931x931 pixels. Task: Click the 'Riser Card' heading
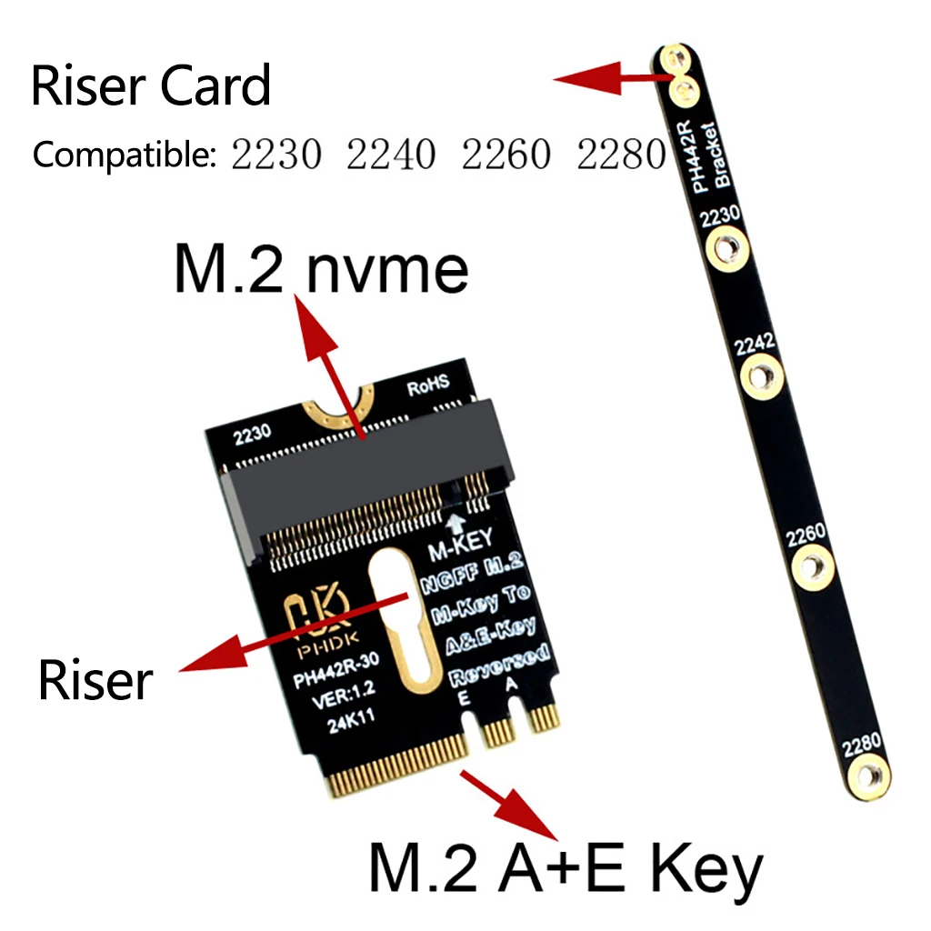151,87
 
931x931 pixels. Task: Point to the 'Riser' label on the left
95,681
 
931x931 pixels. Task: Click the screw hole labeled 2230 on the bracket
726,246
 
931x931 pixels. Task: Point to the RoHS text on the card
428,388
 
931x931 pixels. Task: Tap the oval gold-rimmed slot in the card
397,627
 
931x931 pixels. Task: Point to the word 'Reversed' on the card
499,665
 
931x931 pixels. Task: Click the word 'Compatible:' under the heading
124,155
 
